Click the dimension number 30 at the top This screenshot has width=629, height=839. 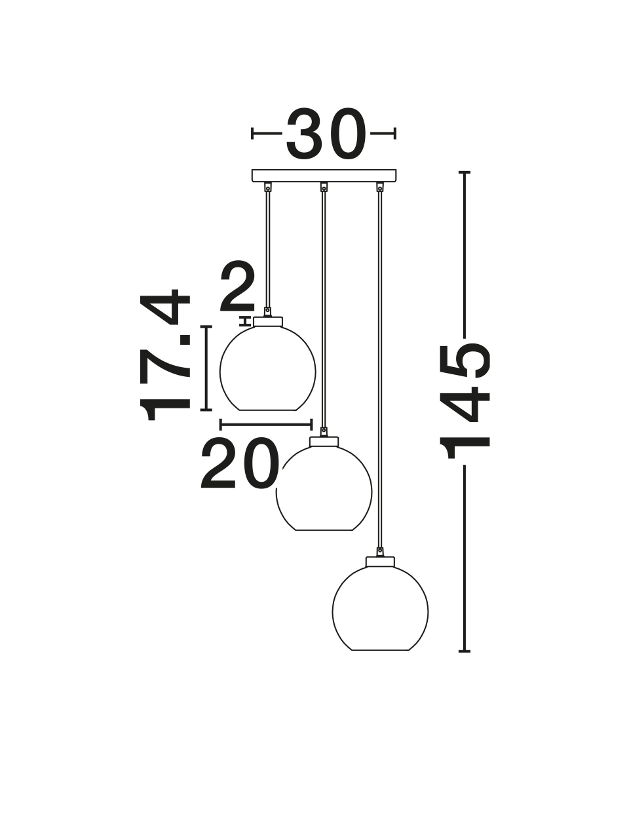tap(324, 134)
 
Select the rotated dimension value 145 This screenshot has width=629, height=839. tap(465, 401)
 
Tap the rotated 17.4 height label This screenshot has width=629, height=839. tap(165, 355)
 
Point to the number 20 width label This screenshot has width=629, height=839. tap(239, 463)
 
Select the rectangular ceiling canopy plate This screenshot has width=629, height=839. tap(324, 176)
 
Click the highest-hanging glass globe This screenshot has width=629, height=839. tap(268, 368)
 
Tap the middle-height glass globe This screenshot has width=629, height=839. tap(324, 488)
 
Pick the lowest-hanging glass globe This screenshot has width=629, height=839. tap(380, 608)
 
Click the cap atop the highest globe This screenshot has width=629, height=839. tap(268, 321)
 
